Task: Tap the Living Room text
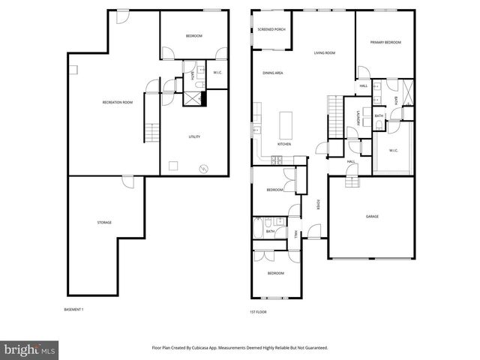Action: point(324,52)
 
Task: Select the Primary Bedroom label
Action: point(385,43)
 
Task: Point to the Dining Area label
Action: point(272,73)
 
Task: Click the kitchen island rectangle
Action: point(286,121)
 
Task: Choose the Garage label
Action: point(372,217)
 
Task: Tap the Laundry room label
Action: point(358,117)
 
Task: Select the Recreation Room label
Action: point(118,102)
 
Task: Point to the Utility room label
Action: point(193,136)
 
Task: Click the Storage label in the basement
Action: point(104,223)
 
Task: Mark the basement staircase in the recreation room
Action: point(153,133)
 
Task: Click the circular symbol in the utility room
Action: point(200,168)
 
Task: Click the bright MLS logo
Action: point(30,349)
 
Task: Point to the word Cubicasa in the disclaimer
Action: point(227,348)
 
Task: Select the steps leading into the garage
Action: point(350,182)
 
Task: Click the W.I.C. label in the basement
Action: point(217,73)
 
